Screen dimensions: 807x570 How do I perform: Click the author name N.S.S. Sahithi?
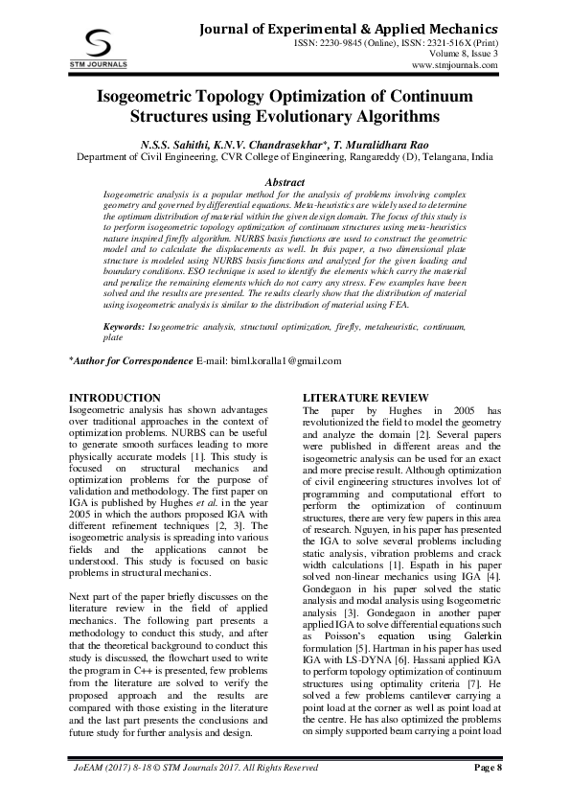173,144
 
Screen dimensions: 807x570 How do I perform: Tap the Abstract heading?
284,182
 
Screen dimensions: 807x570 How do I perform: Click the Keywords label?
125,328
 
